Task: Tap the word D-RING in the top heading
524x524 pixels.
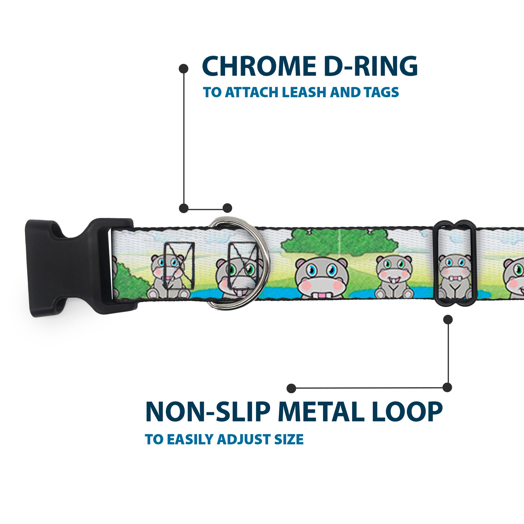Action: click(x=371, y=67)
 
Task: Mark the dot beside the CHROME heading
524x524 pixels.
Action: click(x=184, y=68)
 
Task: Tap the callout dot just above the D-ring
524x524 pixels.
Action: click(x=227, y=208)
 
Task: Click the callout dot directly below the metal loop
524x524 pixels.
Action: click(x=448, y=320)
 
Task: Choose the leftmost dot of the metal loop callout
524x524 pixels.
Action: click(x=291, y=388)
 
